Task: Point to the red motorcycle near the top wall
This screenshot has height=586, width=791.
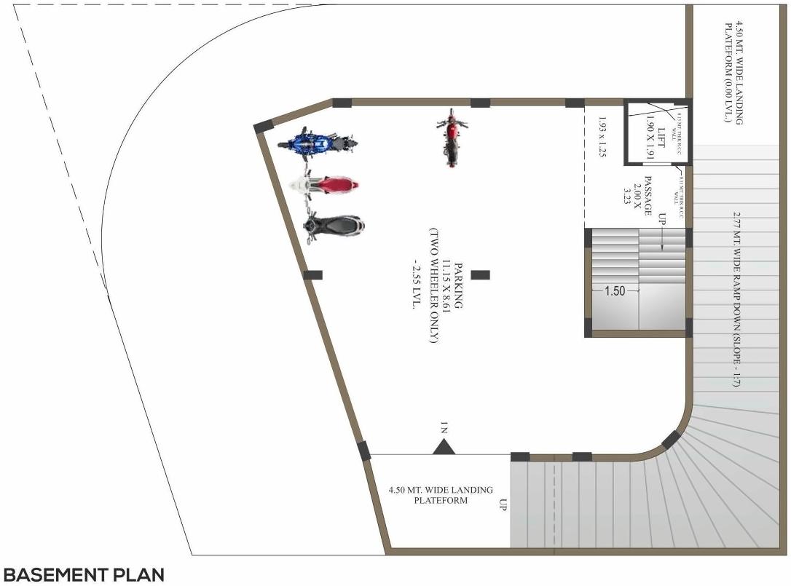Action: click(452, 138)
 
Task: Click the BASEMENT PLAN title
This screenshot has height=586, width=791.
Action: click(83, 575)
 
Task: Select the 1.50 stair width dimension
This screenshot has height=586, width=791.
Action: click(615, 290)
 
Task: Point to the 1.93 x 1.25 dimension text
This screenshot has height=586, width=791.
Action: click(602, 137)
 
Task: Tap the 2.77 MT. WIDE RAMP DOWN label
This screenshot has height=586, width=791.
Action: click(736, 298)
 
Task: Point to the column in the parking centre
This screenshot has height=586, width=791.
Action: click(480, 274)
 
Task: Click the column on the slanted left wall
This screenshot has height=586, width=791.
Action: click(312, 274)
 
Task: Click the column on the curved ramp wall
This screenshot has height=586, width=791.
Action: click(669, 440)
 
